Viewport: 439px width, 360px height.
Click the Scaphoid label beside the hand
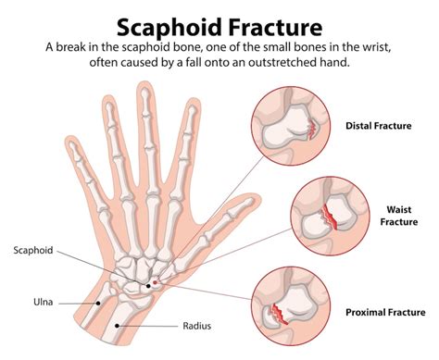coord(33,250)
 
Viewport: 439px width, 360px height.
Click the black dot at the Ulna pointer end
coord(97,302)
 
